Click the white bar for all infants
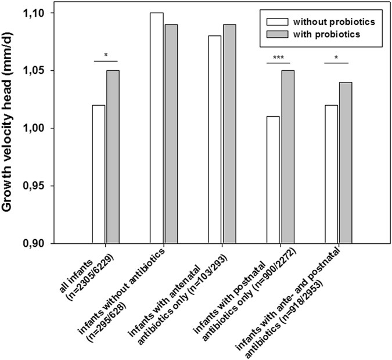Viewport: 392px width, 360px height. tap(98, 174)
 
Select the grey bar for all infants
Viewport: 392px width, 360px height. tap(112, 157)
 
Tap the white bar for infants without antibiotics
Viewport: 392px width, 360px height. tap(156, 128)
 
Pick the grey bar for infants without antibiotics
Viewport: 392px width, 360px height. tap(170, 134)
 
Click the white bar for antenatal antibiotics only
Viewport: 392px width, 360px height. tap(214, 139)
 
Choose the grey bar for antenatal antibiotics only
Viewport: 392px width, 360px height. tap(229, 134)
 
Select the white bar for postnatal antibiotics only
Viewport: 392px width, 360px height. tap(273, 180)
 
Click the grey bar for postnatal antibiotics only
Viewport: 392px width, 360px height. tap(287, 157)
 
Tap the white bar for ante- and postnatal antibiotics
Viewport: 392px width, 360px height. tap(332, 174)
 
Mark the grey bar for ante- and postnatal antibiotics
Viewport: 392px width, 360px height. tap(346, 163)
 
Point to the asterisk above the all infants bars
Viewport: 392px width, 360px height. tap(105, 55)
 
